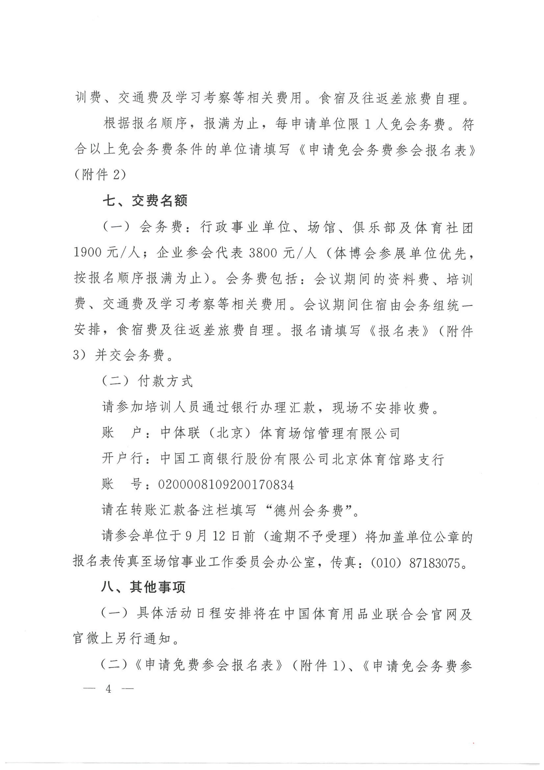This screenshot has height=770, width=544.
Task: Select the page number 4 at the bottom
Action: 108,689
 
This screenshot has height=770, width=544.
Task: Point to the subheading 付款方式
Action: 165,381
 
